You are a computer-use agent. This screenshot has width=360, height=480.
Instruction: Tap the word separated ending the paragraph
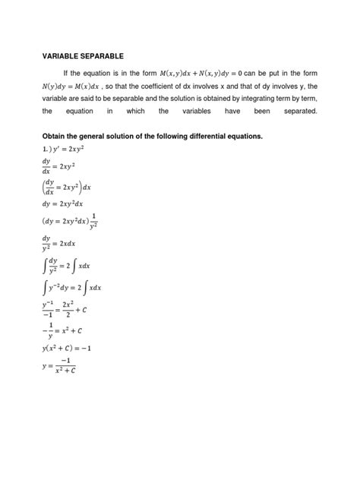[x=296, y=112]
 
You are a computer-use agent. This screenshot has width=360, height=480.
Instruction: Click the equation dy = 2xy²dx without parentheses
[x=74, y=204]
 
